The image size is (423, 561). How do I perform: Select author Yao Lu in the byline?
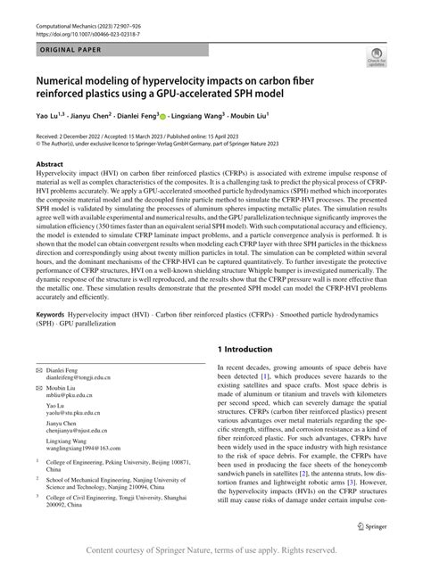coord(46,116)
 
